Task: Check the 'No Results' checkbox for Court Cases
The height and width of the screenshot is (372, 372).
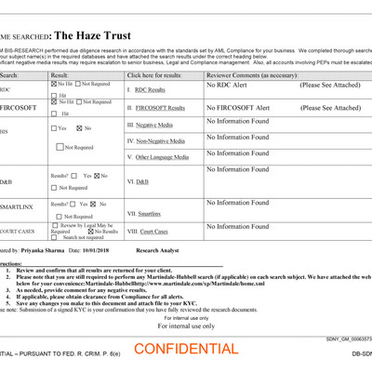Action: click(92, 231)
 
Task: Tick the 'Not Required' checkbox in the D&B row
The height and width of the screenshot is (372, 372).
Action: click(54, 188)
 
